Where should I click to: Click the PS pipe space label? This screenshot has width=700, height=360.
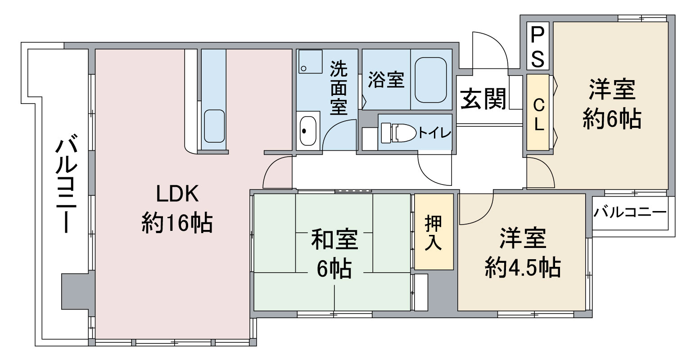[x=537, y=47]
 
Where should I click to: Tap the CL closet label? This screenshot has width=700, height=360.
[x=538, y=115]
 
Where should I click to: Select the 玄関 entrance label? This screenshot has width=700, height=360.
[x=483, y=99]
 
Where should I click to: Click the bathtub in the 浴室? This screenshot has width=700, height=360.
[x=431, y=80]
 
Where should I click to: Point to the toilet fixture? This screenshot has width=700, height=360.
[x=398, y=133]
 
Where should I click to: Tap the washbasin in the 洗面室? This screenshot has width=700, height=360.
[x=308, y=130]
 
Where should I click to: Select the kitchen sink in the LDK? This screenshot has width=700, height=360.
[x=214, y=126]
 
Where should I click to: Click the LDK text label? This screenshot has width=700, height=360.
[x=177, y=194]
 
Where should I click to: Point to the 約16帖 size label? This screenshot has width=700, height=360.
[x=177, y=222]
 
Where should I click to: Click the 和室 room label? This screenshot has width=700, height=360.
[x=334, y=239]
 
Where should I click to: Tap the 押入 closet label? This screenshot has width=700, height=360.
[x=434, y=233]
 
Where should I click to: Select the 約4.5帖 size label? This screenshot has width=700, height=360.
[x=523, y=267]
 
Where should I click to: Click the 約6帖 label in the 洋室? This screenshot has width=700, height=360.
[x=612, y=119]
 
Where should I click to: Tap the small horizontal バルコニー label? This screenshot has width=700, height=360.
[x=630, y=213]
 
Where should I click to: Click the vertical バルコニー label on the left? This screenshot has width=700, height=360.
[x=67, y=184]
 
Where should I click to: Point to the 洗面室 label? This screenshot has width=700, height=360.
[x=339, y=88]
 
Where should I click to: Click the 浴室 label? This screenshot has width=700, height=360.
[x=386, y=80]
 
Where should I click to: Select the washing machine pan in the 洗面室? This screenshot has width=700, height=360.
[x=310, y=62]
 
